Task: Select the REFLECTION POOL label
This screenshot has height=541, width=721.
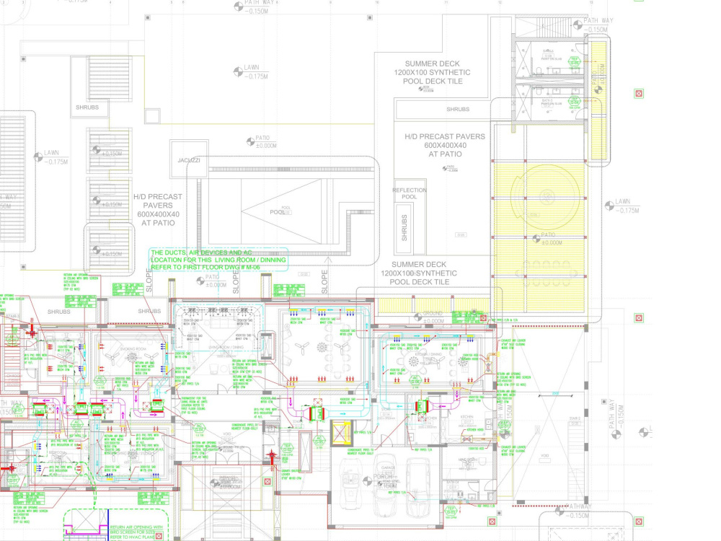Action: (x=410, y=193)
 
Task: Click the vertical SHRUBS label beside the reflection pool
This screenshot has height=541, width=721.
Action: (x=404, y=228)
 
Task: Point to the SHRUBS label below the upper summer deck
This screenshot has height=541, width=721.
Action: (x=457, y=110)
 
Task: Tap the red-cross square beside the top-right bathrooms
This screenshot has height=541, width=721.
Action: (x=638, y=94)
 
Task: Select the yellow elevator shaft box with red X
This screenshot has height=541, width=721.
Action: (x=340, y=432)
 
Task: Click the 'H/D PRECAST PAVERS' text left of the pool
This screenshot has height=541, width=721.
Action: (x=158, y=205)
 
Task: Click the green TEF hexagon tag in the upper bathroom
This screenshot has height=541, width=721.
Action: (x=575, y=61)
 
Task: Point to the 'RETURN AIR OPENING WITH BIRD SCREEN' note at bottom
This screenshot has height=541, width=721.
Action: (x=137, y=532)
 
